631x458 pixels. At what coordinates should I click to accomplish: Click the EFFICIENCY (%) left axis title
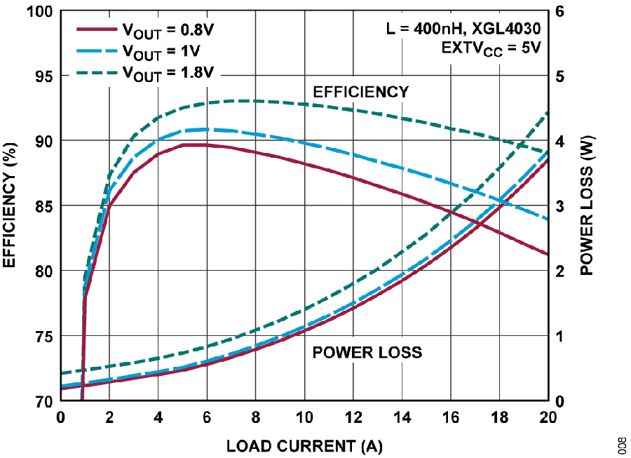[x=10, y=205]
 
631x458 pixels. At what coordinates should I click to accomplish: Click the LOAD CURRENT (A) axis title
[x=304, y=445]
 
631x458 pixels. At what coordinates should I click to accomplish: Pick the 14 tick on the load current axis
[x=401, y=417]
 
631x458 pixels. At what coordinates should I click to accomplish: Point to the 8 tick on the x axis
[x=255, y=417]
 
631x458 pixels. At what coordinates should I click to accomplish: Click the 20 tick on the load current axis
[x=548, y=417]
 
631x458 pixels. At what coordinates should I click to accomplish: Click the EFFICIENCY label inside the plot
[x=360, y=92]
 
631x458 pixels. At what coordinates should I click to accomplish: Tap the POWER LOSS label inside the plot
[x=367, y=352]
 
